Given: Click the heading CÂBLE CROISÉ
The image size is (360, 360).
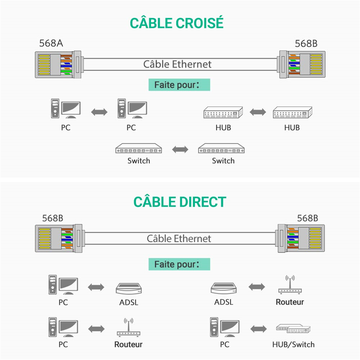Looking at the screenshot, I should point(176,23).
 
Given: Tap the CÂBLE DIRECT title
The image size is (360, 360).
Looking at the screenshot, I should point(180,202).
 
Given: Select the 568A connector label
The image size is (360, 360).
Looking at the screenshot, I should point(51,43).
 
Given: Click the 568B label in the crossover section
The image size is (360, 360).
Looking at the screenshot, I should point(306,43).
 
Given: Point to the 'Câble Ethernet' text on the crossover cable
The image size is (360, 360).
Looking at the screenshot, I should point(177,64).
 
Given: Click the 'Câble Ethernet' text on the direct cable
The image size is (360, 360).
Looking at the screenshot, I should point(179,239).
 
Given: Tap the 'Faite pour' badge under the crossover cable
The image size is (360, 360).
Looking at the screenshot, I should point(179,85).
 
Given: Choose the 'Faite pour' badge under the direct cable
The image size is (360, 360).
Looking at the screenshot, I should point(179,264).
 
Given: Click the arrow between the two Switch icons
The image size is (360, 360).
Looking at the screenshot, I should point(180,150).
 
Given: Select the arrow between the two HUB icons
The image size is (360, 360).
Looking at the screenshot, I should point(258,112).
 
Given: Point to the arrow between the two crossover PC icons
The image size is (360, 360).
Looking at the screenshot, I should point(99,112).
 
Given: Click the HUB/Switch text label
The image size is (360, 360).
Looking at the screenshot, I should point(293,344).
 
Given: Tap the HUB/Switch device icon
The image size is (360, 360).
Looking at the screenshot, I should point(293,329).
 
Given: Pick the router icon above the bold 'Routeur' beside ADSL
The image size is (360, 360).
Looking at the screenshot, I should point(290,285).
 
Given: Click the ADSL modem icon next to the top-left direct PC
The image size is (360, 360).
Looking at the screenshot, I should point(129,288).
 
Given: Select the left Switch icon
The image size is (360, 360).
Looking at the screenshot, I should point(138,150).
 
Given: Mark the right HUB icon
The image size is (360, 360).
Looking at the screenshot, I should point(292,113).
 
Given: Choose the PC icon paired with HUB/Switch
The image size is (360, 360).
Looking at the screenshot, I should point(224,327).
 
